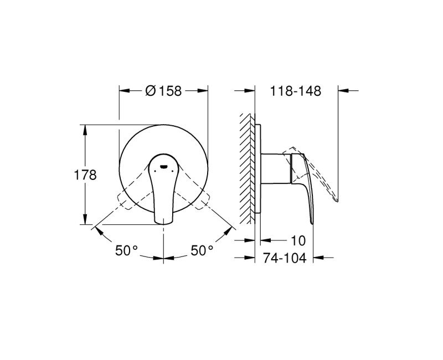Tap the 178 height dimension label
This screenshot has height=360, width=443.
coord(85,175)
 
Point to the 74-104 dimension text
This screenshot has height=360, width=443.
coord(284,258)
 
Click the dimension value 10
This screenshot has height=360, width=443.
coord(297,241)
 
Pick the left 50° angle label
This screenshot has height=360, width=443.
coord(126,251)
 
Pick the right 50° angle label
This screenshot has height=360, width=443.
coord(202,251)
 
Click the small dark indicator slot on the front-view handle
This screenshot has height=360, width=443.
coord(164,164)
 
